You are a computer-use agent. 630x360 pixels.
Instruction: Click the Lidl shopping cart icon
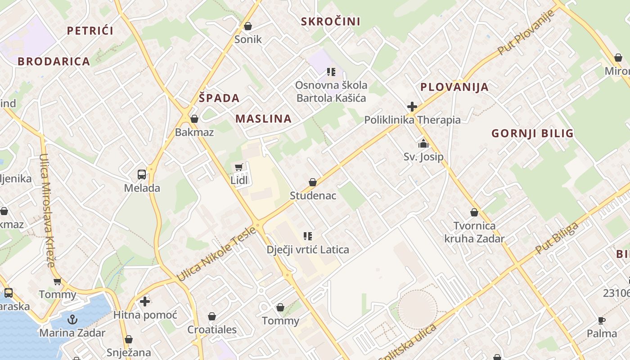point(239,167)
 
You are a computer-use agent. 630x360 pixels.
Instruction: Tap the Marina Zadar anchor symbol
point(72,319)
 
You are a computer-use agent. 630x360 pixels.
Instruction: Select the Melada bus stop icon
point(141,174)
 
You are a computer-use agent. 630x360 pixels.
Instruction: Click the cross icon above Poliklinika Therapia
point(412,107)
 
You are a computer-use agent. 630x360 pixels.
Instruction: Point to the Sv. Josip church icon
point(423,144)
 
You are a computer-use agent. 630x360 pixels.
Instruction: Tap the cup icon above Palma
point(602,320)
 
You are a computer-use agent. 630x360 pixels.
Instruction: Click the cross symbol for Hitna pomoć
point(145,301)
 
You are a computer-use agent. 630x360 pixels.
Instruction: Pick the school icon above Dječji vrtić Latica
point(308,236)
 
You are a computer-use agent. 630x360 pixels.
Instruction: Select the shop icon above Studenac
point(313,182)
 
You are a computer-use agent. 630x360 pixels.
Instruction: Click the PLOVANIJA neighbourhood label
point(454,87)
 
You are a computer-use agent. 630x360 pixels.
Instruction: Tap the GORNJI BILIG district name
point(532,133)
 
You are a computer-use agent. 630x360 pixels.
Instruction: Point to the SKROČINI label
point(331,22)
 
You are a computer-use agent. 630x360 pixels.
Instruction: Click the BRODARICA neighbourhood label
point(54,62)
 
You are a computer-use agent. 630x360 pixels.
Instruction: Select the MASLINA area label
point(264,119)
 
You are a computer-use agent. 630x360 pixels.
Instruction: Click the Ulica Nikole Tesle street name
point(217,254)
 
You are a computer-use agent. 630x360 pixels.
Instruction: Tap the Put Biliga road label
point(557,238)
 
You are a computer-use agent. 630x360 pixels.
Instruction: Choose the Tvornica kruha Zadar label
point(474,232)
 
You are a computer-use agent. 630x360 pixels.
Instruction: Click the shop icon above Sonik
point(247,27)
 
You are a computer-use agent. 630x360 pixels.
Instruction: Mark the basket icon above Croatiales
point(211,316)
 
